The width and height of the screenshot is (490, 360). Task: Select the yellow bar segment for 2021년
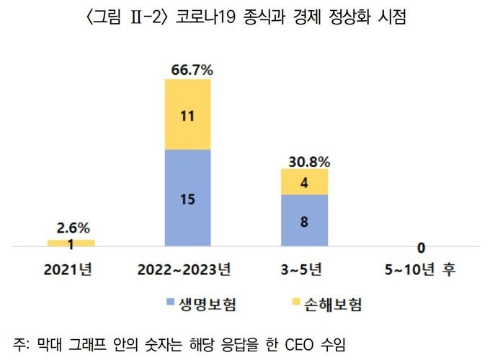click(x=71, y=243)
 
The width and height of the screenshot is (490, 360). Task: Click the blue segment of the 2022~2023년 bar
click(x=187, y=198)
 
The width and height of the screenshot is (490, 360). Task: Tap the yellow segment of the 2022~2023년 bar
click(x=187, y=114)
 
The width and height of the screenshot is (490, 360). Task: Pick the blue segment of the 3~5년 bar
click(x=304, y=221)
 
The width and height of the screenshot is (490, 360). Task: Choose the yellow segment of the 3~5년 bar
click(x=304, y=182)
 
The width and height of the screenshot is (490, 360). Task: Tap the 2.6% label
click(x=72, y=229)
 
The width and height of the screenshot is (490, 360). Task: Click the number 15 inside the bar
click(x=187, y=199)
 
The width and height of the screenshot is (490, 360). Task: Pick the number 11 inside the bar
click(x=187, y=114)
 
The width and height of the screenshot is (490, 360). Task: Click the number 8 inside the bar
click(x=304, y=222)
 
